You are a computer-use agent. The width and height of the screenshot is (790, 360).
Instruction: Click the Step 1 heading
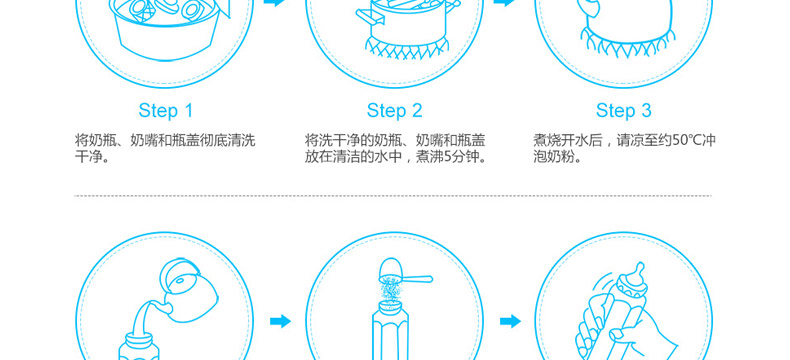166,111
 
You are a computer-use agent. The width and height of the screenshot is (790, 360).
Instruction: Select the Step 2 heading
394,111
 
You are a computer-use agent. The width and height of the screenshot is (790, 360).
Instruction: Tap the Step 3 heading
624,111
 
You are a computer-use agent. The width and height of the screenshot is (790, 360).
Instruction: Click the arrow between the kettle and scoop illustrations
281,321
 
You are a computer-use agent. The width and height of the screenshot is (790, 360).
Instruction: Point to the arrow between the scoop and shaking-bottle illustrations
510,321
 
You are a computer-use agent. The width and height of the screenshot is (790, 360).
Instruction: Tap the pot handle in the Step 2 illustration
368,18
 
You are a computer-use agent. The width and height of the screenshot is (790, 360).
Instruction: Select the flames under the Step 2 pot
407,49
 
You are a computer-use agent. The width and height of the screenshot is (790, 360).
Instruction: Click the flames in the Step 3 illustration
627,43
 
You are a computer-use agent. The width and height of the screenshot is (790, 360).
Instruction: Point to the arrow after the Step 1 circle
275,3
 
